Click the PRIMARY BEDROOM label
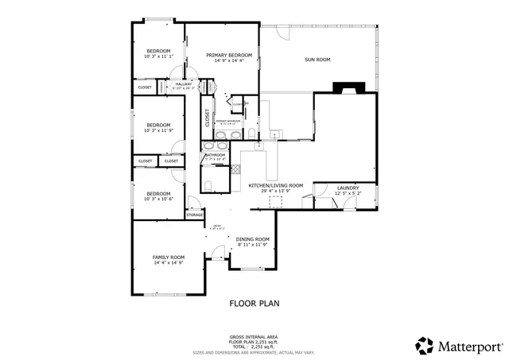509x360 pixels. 229,56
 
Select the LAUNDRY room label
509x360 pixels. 348,188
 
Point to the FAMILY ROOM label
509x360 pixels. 169,257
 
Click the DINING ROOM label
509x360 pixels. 253,239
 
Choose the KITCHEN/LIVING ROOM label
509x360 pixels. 276,185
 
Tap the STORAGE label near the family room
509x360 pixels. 195,215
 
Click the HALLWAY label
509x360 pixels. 184,83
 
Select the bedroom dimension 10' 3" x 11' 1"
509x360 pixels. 158,56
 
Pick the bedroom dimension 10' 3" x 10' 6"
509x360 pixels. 158,199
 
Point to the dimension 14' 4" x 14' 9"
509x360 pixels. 169,263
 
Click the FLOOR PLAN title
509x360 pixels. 254,303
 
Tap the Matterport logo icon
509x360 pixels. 424,346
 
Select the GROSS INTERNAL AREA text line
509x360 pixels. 254,337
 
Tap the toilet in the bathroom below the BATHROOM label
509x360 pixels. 208,184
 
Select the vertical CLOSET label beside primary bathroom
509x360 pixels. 208,118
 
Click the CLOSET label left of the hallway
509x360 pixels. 145,87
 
